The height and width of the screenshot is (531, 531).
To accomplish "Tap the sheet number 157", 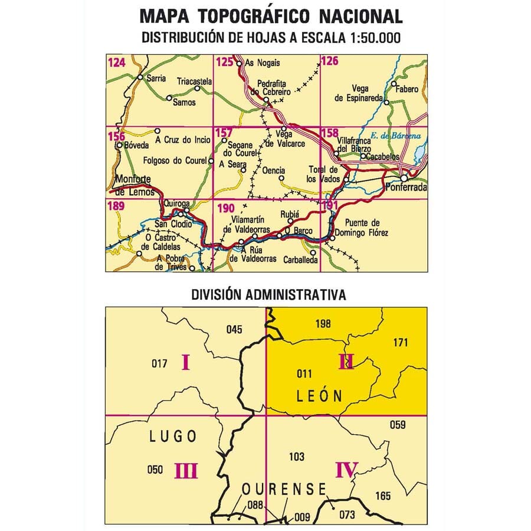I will click(224, 133).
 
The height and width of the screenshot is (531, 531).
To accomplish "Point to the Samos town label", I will click(185, 103).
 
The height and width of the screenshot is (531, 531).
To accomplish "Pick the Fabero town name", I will click(407, 89).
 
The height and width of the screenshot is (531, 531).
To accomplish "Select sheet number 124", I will click(117, 61).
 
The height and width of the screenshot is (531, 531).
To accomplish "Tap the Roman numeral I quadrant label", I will click(185, 362).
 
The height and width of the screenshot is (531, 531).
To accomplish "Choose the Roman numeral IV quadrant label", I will click(347, 470).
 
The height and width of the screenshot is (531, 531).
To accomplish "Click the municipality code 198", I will click(323, 323).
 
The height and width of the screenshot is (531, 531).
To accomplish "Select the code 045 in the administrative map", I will click(234, 329).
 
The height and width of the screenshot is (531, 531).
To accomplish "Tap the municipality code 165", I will click(383, 496).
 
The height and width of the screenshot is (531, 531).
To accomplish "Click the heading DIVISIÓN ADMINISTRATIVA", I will click(268, 294).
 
